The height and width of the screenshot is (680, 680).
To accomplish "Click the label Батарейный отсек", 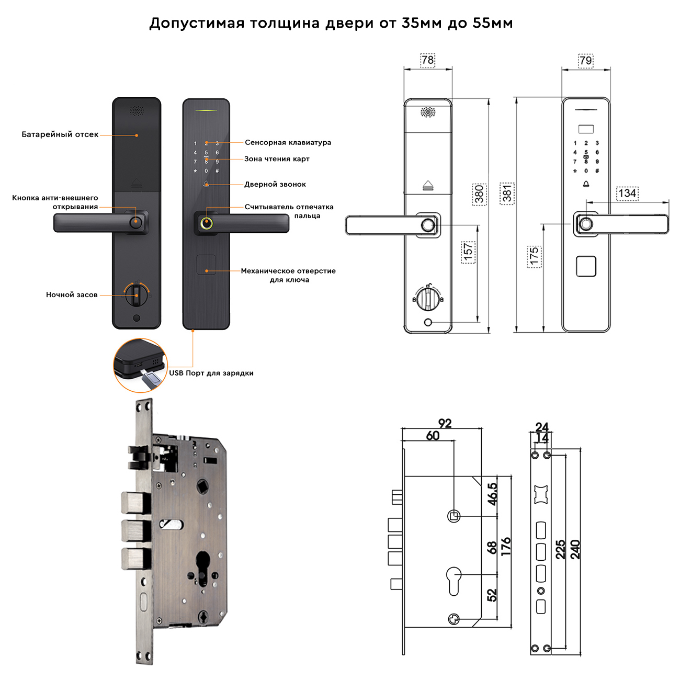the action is tap(60, 134).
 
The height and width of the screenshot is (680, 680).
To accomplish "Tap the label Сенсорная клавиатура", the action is tap(288, 142).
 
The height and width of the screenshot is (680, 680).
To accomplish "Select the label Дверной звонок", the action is tap(275, 184).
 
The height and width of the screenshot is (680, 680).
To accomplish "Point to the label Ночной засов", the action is tap(72, 294).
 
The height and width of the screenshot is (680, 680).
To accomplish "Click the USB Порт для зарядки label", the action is tap(211, 373).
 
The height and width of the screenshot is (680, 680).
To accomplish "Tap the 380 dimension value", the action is tap(479, 194).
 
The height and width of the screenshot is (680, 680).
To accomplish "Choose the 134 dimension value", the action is tap(627, 193).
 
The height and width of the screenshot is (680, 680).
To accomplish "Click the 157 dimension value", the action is tap(468, 252).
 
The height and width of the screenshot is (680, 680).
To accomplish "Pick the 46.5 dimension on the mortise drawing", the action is tap(492, 494).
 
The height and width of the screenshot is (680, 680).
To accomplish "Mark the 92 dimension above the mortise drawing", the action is tap(445, 424).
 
